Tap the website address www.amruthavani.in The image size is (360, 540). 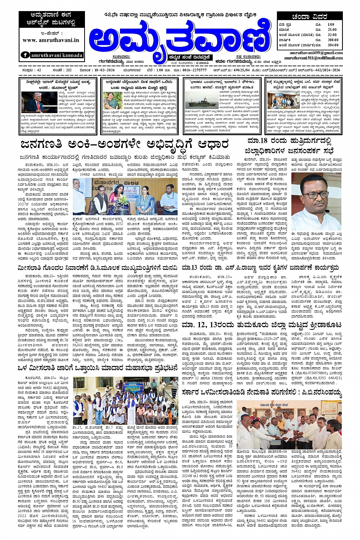pos(51,40)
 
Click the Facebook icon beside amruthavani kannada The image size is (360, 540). pos(26,55)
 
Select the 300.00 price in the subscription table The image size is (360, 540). pos(333,40)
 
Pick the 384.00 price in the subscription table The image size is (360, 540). pos(333,45)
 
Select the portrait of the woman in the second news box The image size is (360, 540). pos(113,101)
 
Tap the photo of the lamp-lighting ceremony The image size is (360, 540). pos(125,198)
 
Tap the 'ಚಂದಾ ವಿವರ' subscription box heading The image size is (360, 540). pos(309,17)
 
